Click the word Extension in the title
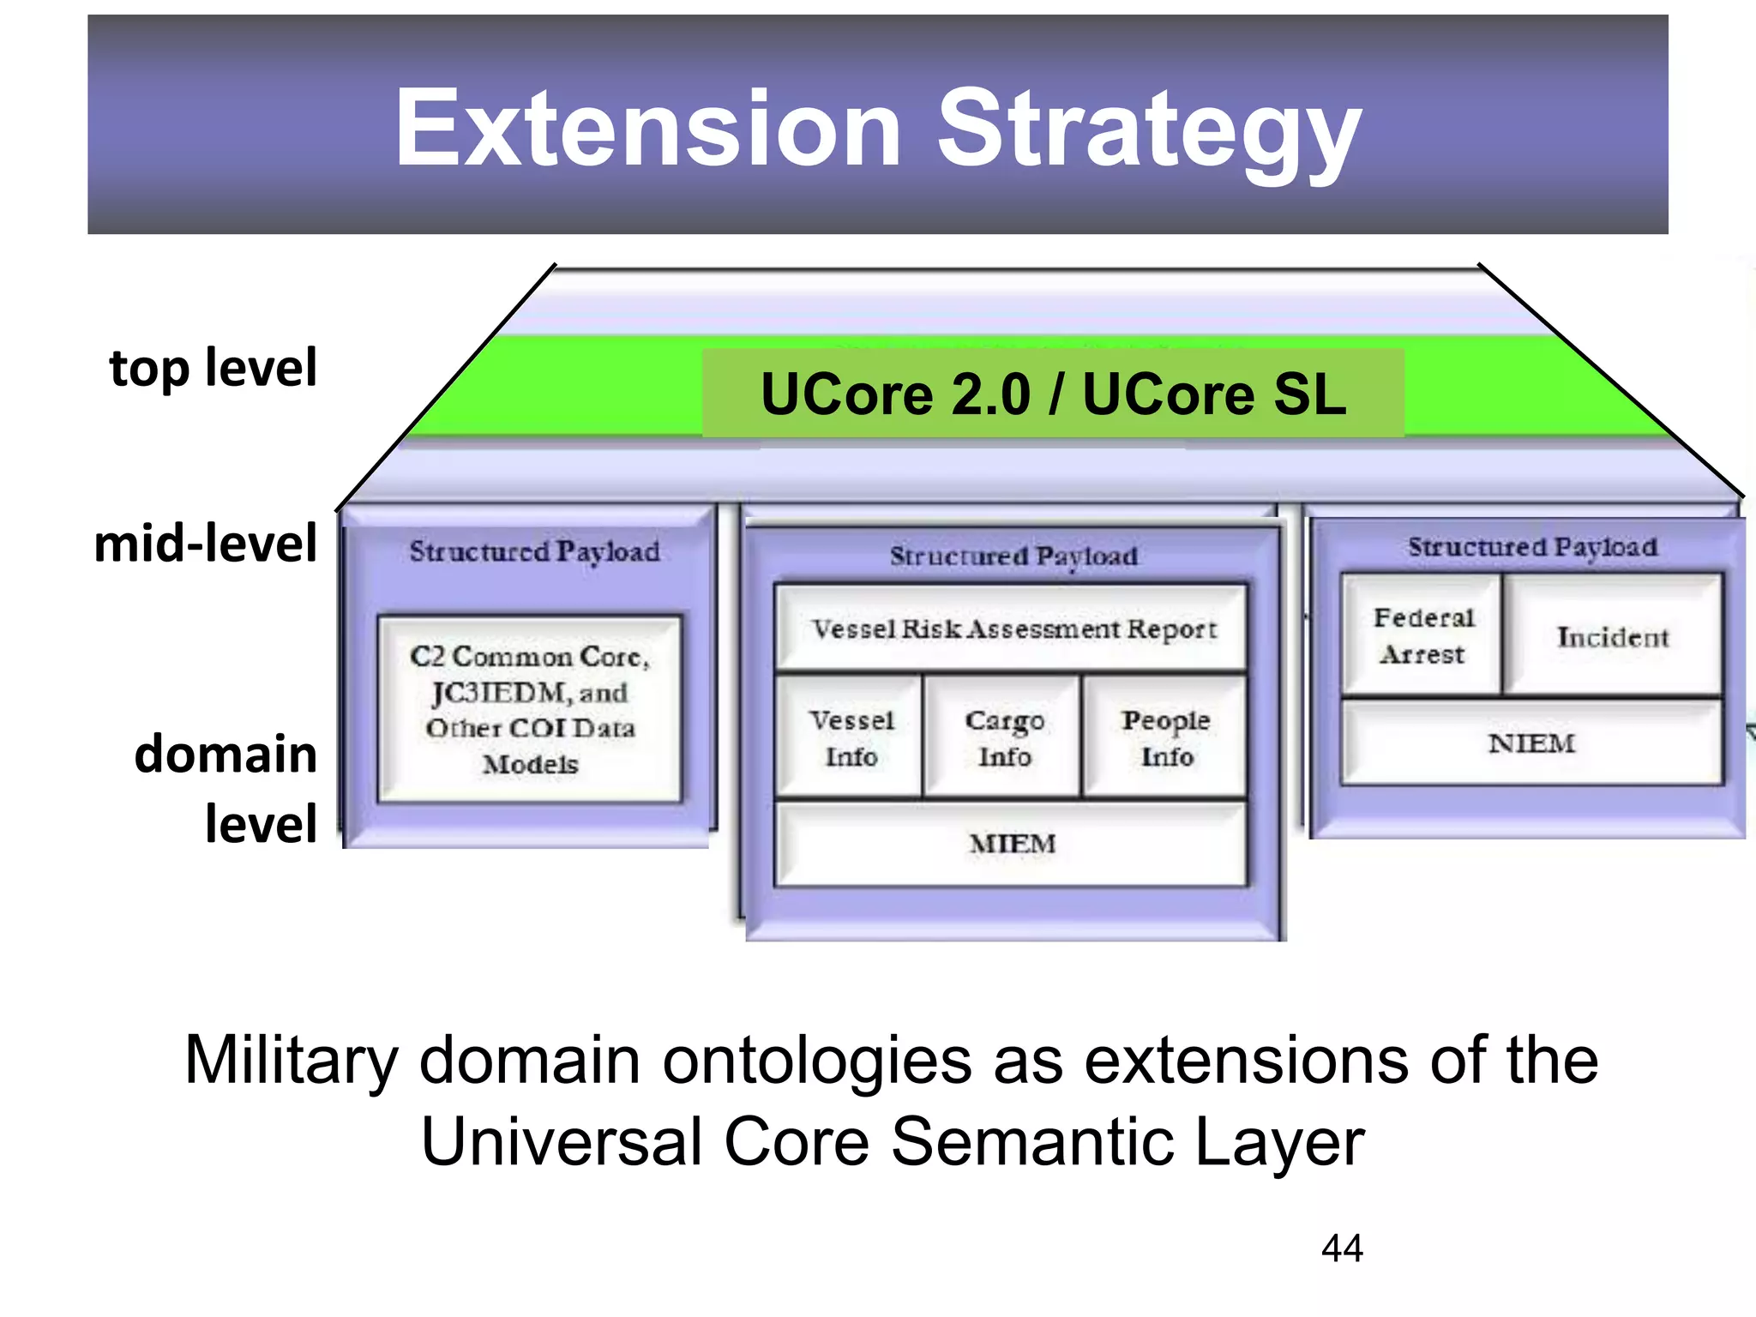click(647, 129)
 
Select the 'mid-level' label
click(206, 544)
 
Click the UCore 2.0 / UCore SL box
click(1053, 394)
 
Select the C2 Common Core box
click(530, 708)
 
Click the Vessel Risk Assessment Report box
click(1012, 628)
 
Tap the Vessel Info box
click(851, 737)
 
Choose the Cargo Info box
click(1003, 737)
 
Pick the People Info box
click(1166, 737)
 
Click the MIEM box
click(1012, 844)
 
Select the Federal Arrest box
click(1422, 635)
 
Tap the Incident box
click(1613, 636)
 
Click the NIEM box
click(1531, 743)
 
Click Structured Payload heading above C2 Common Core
click(534, 550)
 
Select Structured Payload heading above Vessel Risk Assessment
click(1013, 556)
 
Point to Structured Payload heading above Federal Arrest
click(1532, 546)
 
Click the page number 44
click(1342, 1248)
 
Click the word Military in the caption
click(292, 1061)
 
